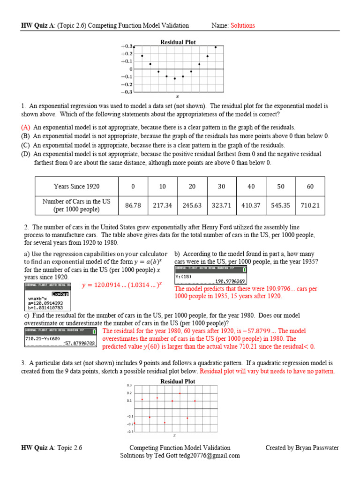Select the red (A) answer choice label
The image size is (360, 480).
[26, 127]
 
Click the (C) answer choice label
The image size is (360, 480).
[26, 145]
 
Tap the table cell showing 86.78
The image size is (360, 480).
[133, 205]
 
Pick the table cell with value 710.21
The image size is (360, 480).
[310, 205]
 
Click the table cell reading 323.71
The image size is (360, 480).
[222, 205]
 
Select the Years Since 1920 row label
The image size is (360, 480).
[76, 187]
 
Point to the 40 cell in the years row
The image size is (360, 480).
[251, 187]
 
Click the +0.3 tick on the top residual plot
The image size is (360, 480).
[127, 46]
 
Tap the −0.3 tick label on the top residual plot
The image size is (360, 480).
[127, 92]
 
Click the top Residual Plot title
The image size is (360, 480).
[178, 42]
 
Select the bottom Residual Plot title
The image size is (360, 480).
[178, 382]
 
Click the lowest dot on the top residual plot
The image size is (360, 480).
[175, 78]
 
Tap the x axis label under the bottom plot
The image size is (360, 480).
[174, 435]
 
